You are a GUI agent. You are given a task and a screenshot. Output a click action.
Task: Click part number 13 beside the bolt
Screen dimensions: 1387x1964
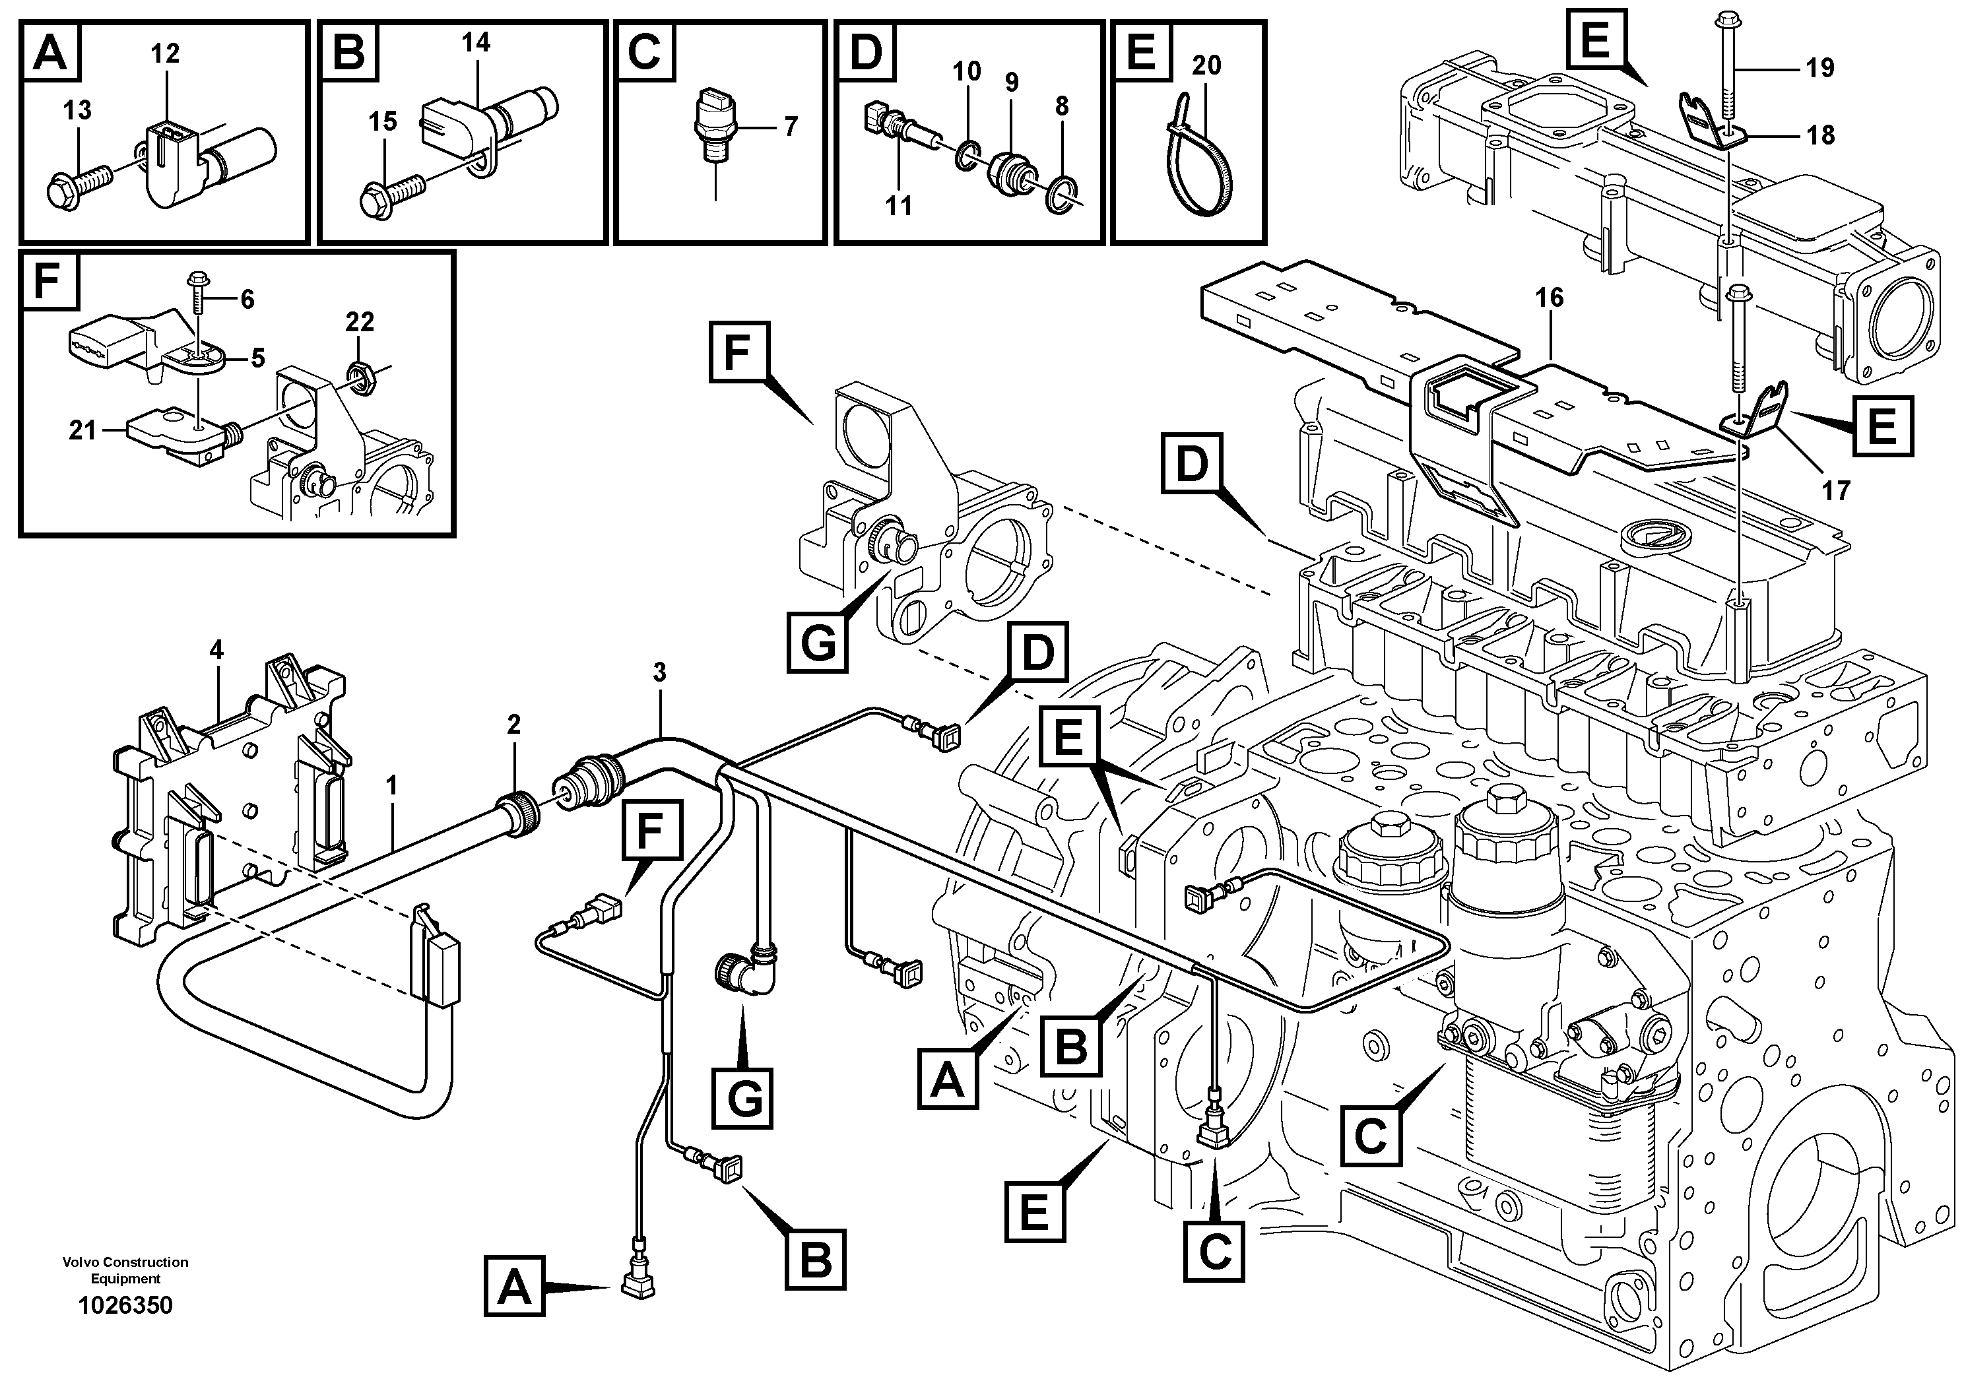(x=77, y=110)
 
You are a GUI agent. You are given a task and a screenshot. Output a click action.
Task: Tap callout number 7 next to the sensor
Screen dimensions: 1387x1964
(x=791, y=127)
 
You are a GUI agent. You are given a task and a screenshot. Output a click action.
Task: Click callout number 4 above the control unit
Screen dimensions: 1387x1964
(x=216, y=651)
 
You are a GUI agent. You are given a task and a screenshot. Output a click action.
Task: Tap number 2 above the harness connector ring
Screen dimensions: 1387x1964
(x=513, y=725)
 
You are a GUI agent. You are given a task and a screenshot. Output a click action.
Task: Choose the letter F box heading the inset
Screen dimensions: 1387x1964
(x=50, y=280)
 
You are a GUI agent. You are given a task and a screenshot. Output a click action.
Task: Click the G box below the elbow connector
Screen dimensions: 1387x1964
(x=743, y=1098)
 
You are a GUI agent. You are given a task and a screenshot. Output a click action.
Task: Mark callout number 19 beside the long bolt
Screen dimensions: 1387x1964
(x=1819, y=67)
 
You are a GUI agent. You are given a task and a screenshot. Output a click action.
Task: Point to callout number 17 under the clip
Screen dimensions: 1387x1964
(x=1836, y=490)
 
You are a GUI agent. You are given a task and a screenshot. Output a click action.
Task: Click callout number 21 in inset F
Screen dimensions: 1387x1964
(x=83, y=430)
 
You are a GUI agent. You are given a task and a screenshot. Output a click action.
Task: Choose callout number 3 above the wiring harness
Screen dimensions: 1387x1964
(x=659, y=673)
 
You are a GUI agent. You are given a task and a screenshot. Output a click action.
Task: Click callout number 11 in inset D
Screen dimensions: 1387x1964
(x=898, y=205)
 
